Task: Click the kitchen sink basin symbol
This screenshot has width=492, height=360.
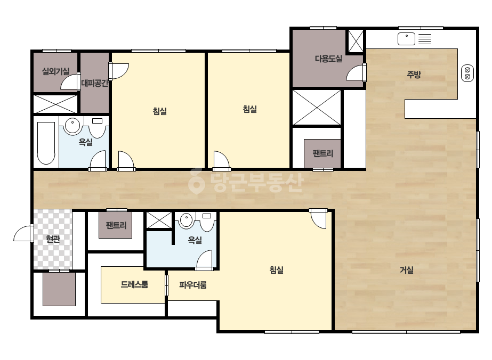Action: [x=406, y=39]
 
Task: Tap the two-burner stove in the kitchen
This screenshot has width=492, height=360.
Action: [x=467, y=73]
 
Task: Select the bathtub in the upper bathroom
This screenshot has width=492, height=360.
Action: [x=46, y=143]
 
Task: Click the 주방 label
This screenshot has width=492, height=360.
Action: [x=414, y=75]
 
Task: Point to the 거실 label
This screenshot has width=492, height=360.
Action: [x=406, y=269]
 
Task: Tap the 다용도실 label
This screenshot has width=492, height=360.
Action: [x=328, y=59]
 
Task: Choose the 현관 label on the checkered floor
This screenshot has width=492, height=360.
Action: [x=53, y=239]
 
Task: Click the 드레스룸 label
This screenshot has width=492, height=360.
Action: [x=134, y=284]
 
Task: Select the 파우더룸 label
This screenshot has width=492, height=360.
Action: [x=192, y=285]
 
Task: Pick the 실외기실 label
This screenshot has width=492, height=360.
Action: [x=55, y=71]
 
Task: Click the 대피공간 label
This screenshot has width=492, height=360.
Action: [x=95, y=84]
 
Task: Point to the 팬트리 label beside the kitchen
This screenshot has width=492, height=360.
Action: [x=323, y=153]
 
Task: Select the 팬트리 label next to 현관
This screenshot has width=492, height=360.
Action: [x=116, y=225]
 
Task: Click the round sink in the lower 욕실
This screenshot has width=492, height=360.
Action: [x=187, y=219]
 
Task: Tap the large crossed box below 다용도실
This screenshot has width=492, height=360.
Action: [x=317, y=108]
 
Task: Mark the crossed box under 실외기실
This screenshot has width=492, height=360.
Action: [x=55, y=104]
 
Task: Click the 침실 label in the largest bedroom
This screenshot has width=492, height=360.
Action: [x=277, y=269]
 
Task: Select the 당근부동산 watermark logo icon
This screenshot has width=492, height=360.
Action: [x=196, y=181]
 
